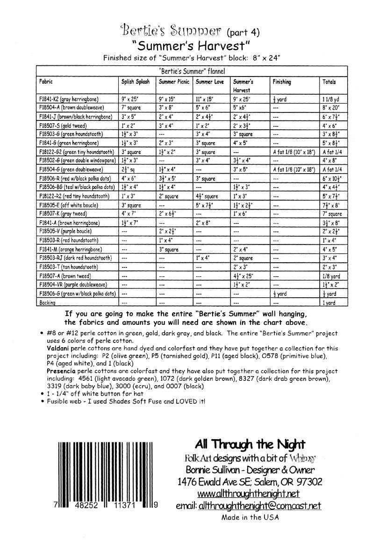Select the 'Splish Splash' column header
point(136,82)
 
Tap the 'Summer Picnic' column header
point(174,82)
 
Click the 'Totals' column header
point(329,82)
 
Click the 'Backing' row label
point(48,302)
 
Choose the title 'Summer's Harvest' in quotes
point(192,46)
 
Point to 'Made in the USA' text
point(250,517)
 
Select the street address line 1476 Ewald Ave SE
point(250,481)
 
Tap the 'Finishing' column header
point(282,82)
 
